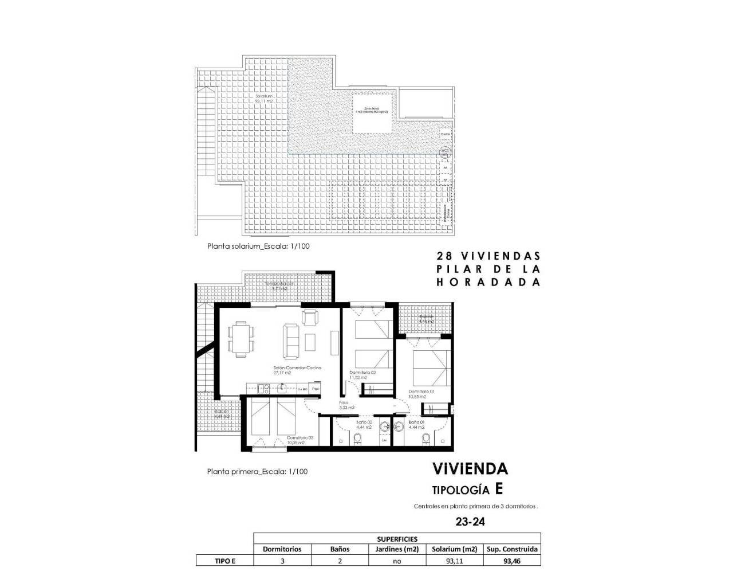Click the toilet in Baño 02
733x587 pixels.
[x=358, y=439]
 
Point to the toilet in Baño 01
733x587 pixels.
[x=425, y=439]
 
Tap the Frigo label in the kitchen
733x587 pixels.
[x=315, y=389]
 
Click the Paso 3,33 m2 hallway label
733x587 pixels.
[x=346, y=405]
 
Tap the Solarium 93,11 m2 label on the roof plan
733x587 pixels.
[x=263, y=99]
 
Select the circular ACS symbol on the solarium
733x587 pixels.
[x=445, y=152]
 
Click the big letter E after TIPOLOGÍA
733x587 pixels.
[x=499, y=489]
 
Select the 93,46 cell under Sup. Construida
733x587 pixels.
[x=511, y=561]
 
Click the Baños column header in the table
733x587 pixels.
[x=340, y=549]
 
